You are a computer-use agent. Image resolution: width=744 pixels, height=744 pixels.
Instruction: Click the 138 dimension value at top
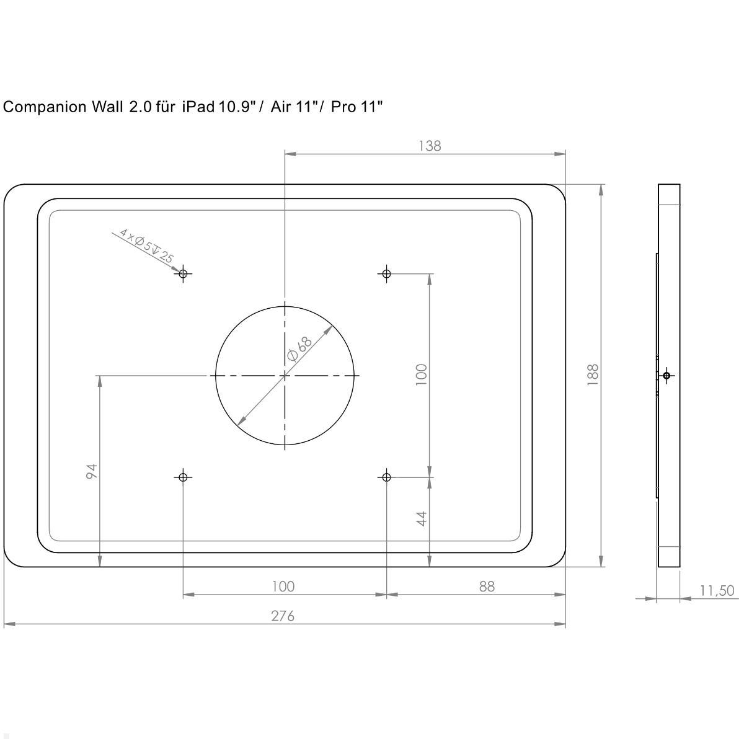pos(430,146)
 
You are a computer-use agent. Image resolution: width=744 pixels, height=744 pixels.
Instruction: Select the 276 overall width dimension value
pos(283,616)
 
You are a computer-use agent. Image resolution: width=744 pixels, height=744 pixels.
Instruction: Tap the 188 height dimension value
pos(593,374)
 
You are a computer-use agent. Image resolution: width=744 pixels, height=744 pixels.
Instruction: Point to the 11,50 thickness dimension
pos(717,591)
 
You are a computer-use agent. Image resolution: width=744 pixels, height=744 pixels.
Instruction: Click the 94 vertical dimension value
pos(91,471)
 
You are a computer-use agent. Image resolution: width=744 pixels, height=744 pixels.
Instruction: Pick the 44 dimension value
pos(422,519)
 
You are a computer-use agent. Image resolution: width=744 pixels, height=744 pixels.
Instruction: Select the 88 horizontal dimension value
pos(487,586)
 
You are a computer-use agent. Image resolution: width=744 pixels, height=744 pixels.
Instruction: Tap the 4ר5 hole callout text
pos(146,246)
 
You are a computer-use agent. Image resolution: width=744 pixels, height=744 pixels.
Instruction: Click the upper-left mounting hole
pos(183,273)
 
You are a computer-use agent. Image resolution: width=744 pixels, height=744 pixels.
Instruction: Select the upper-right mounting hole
pos(387,273)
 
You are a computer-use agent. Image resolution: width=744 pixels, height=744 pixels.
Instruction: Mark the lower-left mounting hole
pos(183,477)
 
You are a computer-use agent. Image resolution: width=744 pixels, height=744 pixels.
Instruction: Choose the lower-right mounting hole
pos(387,477)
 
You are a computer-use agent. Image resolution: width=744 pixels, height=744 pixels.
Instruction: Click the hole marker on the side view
pos(666,375)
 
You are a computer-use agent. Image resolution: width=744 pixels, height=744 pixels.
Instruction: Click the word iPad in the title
pos(198,107)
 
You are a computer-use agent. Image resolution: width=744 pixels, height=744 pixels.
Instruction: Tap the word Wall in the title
pos(107,107)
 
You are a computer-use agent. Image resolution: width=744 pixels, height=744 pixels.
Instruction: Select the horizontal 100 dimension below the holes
pos(283,586)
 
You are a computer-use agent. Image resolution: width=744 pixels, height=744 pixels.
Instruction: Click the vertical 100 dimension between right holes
pos(422,374)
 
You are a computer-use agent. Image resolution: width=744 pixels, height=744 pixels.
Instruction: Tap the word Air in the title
pos(281,107)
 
